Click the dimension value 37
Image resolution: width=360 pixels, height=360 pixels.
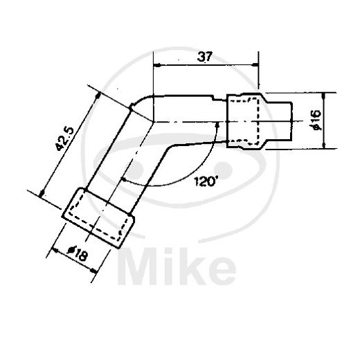coord(204,58)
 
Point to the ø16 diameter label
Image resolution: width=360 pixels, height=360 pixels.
coord(315,122)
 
